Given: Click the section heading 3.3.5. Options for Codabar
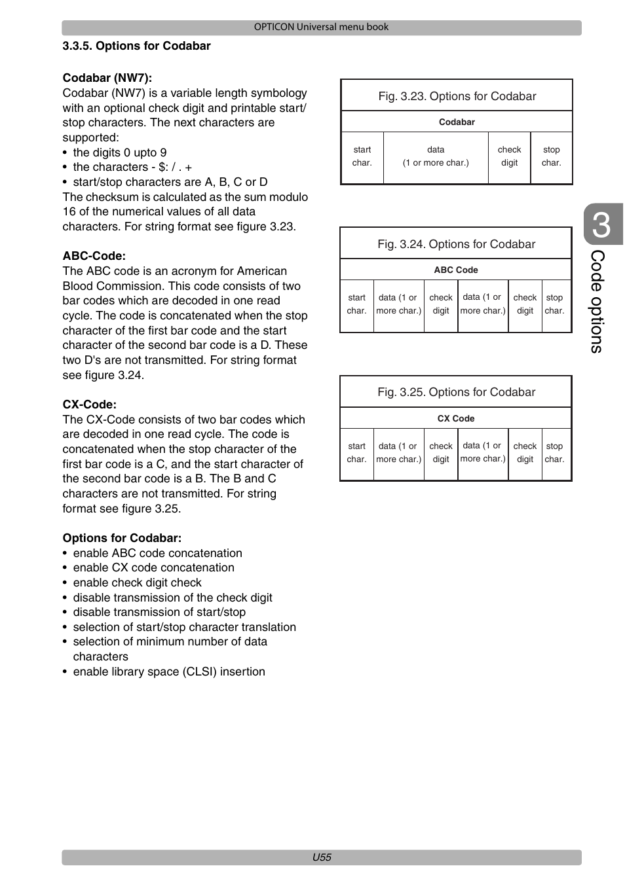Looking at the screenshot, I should coord(136,46).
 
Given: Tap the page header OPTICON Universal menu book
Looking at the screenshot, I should coord(321,27).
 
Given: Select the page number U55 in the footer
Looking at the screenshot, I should coord(321,857).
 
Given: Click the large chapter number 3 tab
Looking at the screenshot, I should coord(601,225).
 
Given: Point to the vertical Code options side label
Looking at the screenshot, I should coord(596,301).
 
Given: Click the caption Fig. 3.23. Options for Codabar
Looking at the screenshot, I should coord(457,96).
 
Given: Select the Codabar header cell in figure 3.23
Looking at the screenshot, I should coord(457,122).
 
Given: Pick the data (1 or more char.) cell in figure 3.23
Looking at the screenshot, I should coord(436,156).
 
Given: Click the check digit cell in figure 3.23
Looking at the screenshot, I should coord(509,156).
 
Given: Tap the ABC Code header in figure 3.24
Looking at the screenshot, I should coord(456,270).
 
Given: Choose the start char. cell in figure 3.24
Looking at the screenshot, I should coord(356,304).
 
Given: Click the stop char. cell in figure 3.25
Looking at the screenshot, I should coord(554,452).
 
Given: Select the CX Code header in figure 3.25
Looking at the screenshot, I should coord(456,418).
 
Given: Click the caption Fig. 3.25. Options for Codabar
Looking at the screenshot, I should coord(456,392).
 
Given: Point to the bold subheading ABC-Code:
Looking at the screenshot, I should coord(94,256).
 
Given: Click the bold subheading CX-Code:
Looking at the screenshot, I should coord(89,405).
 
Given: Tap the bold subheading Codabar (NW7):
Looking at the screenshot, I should coord(107,78).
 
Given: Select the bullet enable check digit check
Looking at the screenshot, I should coord(137,583).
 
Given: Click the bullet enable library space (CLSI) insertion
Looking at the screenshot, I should coord(169,672).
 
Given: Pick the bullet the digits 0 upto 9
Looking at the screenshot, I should coord(120,153).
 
